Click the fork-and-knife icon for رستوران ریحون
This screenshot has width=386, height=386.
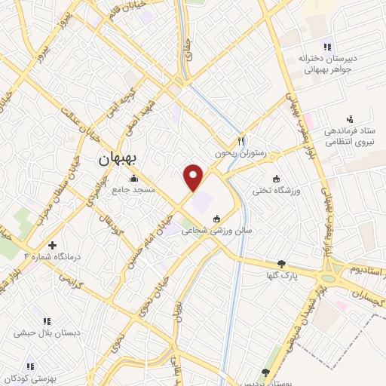[x=241, y=141]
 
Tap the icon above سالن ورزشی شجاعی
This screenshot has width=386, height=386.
[x=217, y=219]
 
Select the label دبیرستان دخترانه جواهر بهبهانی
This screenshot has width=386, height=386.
[x=325, y=63]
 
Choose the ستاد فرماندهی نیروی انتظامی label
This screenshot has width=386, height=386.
[x=351, y=136]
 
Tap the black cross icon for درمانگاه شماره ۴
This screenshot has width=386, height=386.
[x=52, y=245]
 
